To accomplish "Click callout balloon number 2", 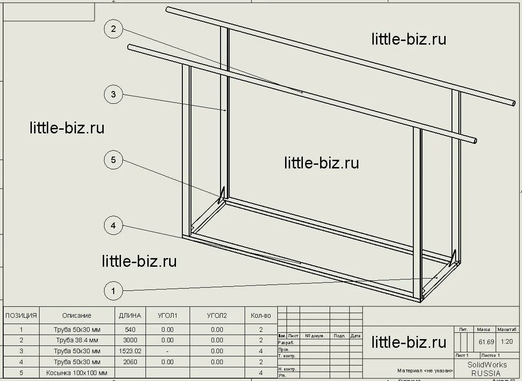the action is [x=113, y=30].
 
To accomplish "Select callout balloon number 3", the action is [x=113, y=95].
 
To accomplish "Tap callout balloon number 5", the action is [x=113, y=160].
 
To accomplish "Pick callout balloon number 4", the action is [x=113, y=225].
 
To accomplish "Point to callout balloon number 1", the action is [x=113, y=290].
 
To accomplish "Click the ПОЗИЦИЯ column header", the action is [x=21, y=315].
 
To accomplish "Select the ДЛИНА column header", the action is [x=130, y=315].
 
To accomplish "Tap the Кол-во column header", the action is [x=261, y=315].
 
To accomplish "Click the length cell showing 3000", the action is [x=130, y=340].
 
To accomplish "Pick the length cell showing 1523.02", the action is [x=130, y=351].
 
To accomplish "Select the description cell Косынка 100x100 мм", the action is [x=77, y=373].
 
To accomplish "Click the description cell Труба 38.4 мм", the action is [x=77, y=340].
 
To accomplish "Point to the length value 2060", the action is [x=130, y=362].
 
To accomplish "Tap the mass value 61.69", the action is [x=486, y=342].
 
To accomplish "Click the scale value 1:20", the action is [x=507, y=342].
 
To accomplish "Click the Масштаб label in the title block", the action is [x=507, y=329].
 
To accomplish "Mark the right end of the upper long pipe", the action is [x=512, y=103].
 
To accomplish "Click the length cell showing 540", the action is [x=130, y=329].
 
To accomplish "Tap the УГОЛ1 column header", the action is [x=167, y=315].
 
